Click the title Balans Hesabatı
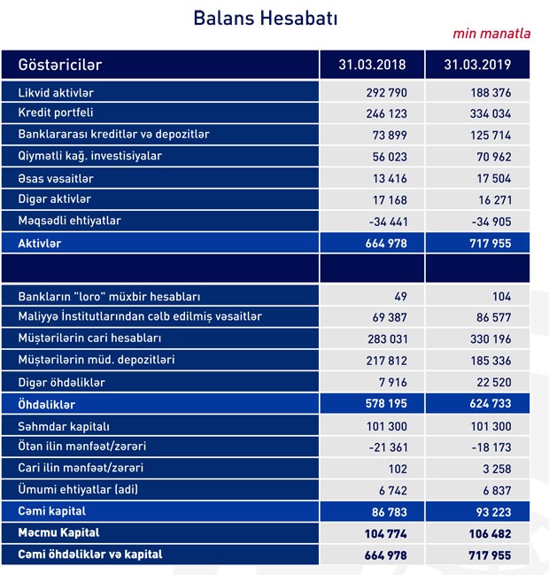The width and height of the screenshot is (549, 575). pyautogui.click(x=265, y=18)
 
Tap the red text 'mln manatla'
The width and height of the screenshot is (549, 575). pyautogui.click(x=491, y=34)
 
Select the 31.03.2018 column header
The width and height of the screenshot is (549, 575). pyautogui.click(x=371, y=65)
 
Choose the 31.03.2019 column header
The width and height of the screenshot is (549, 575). pyautogui.click(x=478, y=65)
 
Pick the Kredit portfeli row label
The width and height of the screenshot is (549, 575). pyautogui.click(x=56, y=113)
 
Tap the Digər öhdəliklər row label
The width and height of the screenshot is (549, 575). pyautogui.click(x=62, y=382)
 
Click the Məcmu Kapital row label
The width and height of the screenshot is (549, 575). pyautogui.click(x=61, y=532)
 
